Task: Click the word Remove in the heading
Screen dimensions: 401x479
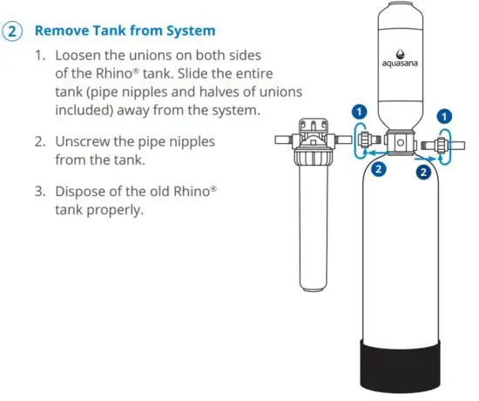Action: pyautogui.click(x=59, y=31)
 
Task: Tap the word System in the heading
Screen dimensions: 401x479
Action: pyautogui.click(x=190, y=31)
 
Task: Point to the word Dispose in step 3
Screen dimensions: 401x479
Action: pyautogui.click(x=84, y=191)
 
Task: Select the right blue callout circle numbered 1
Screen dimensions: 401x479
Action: pyautogui.click(x=445, y=115)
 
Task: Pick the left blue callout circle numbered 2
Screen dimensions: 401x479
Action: pyautogui.click(x=379, y=171)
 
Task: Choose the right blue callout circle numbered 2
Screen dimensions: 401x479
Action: pyautogui.click(x=423, y=173)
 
